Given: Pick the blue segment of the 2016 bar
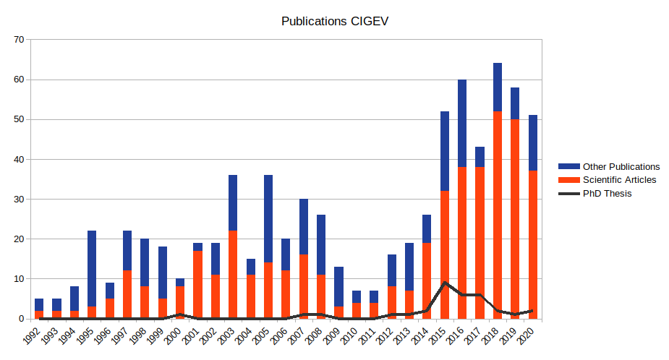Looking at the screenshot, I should (x=462, y=123).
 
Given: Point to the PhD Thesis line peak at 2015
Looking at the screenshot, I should (x=445, y=283).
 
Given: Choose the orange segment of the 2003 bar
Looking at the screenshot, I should (x=233, y=275).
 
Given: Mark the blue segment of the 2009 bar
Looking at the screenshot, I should (x=338, y=286).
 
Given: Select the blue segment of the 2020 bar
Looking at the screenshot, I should (x=533, y=143).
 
